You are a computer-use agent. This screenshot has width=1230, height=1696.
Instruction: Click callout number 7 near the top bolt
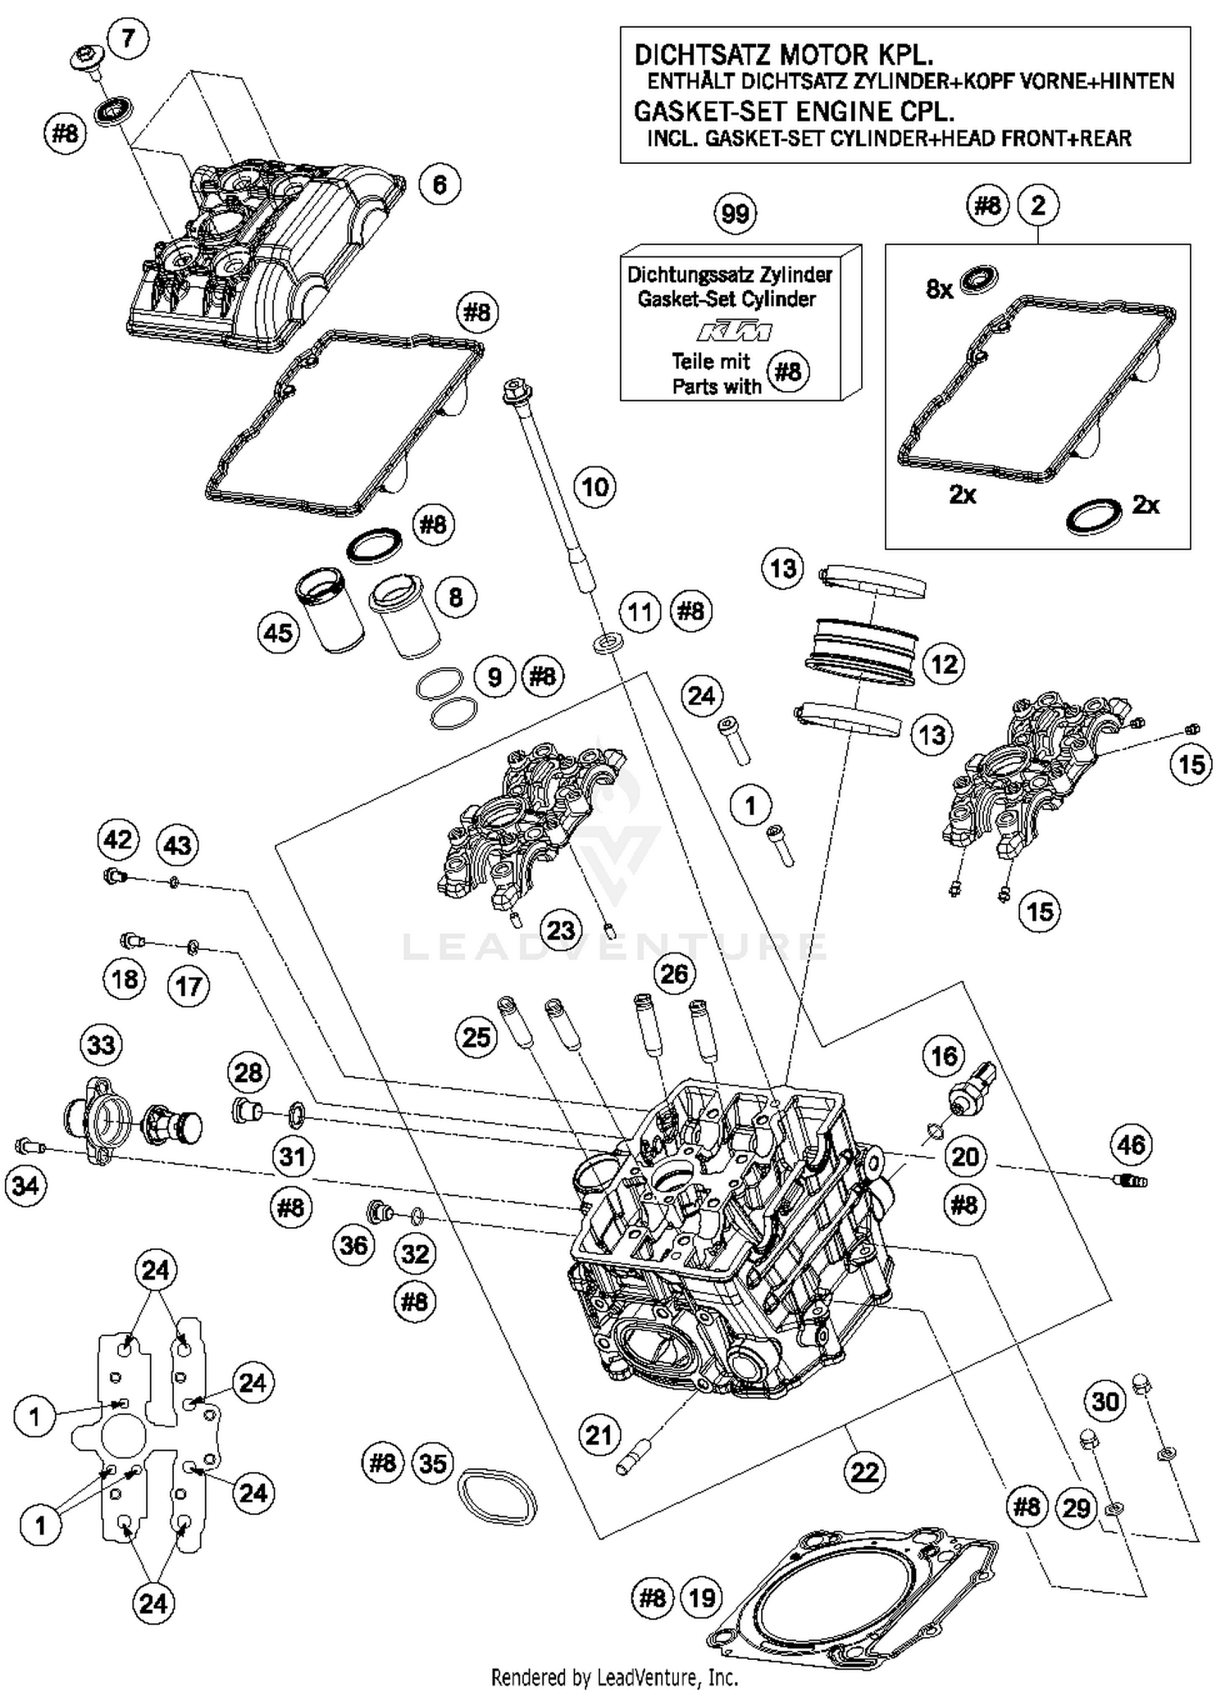pyautogui.click(x=128, y=39)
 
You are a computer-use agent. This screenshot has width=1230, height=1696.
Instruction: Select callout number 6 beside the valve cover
pyautogui.click(x=440, y=185)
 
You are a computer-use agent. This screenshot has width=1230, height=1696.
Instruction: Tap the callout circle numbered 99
pyautogui.click(x=735, y=215)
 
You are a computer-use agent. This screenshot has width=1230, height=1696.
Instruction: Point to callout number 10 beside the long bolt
pyautogui.click(x=594, y=488)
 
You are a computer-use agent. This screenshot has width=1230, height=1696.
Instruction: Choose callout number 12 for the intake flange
pyautogui.click(x=944, y=664)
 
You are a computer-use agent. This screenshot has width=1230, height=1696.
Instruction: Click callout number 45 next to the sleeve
pyautogui.click(x=278, y=633)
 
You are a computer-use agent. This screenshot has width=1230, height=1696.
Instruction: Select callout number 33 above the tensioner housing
pyautogui.click(x=101, y=1045)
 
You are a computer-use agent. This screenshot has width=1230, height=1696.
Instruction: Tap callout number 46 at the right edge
pyautogui.click(x=1131, y=1145)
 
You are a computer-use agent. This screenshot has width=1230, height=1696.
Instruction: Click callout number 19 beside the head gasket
pyautogui.click(x=702, y=1598)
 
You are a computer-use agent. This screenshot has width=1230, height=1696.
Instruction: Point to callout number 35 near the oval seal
pyautogui.click(x=433, y=1463)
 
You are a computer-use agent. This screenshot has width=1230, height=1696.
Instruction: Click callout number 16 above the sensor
pyautogui.click(x=944, y=1056)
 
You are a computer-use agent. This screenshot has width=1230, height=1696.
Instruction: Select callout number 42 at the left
pyautogui.click(x=118, y=839)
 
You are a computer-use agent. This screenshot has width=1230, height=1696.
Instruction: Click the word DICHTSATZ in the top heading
pyautogui.click(x=703, y=56)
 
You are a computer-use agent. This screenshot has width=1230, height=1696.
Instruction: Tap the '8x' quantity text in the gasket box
pyautogui.click(x=939, y=289)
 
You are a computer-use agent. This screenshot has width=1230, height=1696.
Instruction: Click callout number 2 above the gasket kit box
pyautogui.click(x=1038, y=206)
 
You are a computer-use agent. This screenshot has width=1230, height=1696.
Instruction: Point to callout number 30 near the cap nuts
pyautogui.click(x=1105, y=1402)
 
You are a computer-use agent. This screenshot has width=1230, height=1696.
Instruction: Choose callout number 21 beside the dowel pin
pyautogui.click(x=599, y=1435)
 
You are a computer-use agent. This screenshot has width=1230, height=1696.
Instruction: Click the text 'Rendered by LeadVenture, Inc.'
pyautogui.click(x=614, y=1677)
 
